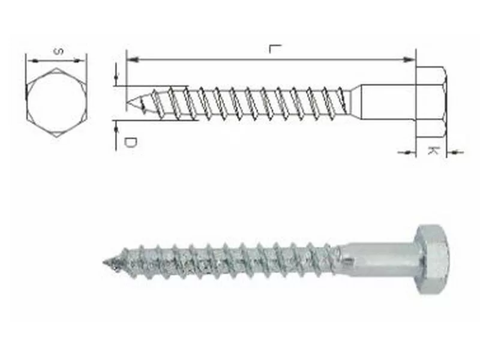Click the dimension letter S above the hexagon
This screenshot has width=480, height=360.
pos(58,51)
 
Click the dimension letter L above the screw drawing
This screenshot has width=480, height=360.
pos(275,49)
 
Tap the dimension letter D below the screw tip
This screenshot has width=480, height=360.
pos(130,142)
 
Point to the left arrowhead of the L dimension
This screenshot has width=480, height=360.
pos(132,59)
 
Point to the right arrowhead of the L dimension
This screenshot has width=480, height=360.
pos(409,59)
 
